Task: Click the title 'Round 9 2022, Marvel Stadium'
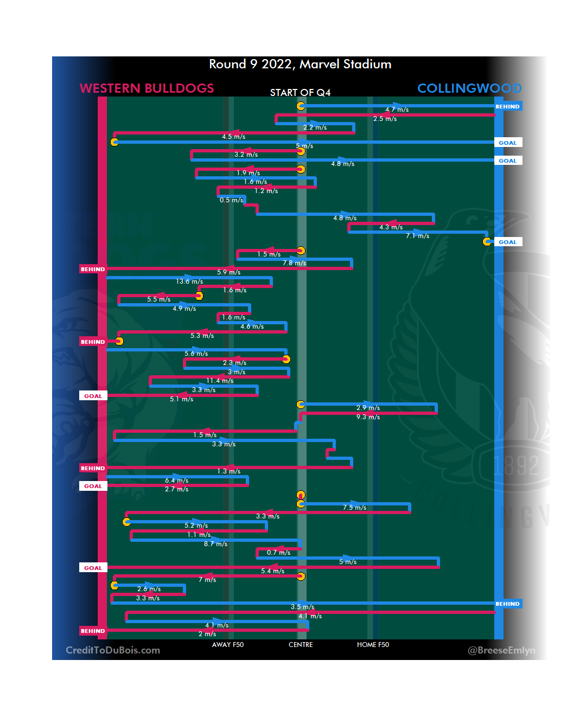coord(300,64)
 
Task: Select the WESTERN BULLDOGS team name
coord(146,88)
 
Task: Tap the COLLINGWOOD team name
coord(469,88)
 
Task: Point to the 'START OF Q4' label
coord(300,93)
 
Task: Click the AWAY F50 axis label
coord(228,645)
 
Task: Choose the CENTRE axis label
coord(301,645)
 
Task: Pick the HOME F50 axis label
coord(373,645)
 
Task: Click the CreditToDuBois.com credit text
coord(113,650)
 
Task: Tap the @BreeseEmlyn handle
coord(501,650)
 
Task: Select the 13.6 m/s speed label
coord(189,281)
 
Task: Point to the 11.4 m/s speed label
coord(220,381)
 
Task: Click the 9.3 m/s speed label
coord(368,417)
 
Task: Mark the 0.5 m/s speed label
coord(231,200)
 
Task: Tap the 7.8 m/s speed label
coord(294,263)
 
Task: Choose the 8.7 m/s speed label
coord(215,544)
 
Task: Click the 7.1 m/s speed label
coord(417,236)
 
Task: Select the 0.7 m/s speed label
coord(278,553)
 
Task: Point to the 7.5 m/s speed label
coord(354,508)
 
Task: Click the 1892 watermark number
coord(516,465)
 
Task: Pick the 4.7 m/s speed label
coord(397,110)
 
